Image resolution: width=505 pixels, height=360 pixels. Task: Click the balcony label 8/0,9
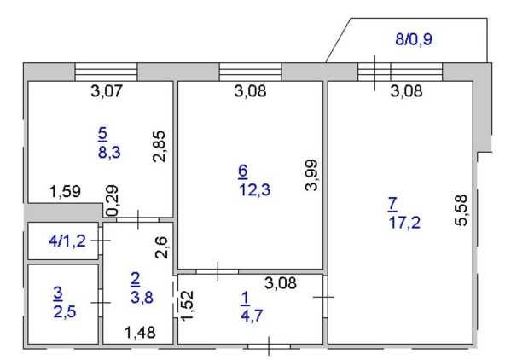click(x=414, y=39)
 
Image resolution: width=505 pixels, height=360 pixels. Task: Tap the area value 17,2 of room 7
click(x=404, y=222)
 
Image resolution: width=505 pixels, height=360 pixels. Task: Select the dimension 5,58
click(x=461, y=210)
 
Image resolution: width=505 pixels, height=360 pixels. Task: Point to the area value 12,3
click(x=254, y=189)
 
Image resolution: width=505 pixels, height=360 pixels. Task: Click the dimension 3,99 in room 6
click(x=311, y=175)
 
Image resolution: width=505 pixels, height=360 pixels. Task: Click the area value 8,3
click(x=109, y=152)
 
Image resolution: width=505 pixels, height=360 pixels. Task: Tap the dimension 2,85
click(x=160, y=146)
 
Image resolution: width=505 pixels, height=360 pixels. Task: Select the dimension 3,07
click(x=107, y=90)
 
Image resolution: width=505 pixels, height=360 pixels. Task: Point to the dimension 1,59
click(x=66, y=191)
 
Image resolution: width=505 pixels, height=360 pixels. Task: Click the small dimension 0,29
click(x=113, y=200)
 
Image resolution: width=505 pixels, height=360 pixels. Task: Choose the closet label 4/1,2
click(x=67, y=241)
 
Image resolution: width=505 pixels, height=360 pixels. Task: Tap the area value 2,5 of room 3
click(x=65, y=311)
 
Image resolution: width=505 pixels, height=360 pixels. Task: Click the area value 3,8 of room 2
click(x=142, y=297)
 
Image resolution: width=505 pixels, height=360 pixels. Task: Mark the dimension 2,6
click(x=161, y=247)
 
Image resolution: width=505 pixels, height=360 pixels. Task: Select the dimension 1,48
click(x=140, y=333)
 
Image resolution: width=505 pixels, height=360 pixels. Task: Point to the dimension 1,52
click(x=187, y=305)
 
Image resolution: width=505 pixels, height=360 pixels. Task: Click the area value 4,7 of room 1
click(x=252, y=316)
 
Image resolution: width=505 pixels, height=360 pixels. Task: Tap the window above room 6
click(x=251, y=73)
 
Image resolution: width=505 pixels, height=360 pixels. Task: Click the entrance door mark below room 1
click(x=269, y=346)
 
